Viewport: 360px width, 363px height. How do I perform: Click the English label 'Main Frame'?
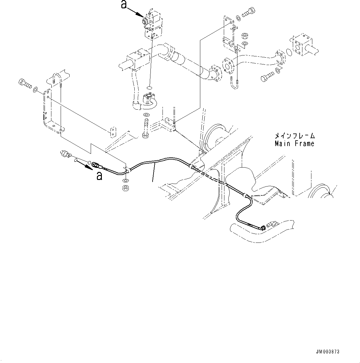pos(294,143)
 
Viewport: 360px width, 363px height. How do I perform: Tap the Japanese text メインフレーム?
pos(294,136)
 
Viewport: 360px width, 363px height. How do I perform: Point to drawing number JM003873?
pos(327,352)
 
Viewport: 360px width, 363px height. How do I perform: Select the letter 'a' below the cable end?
pos(99,176)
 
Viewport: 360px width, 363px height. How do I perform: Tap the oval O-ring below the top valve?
pos(149,88)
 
